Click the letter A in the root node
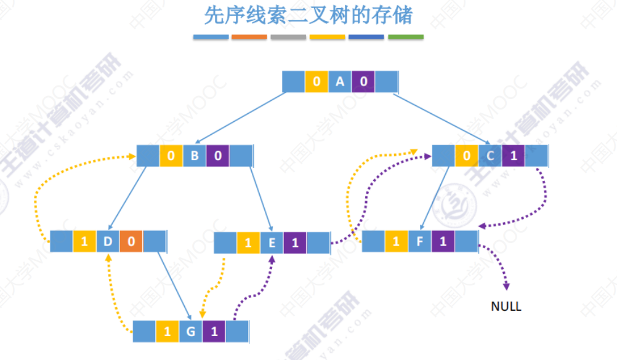coord(340,81)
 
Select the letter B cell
coord(195,156)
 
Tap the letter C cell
coord(490,156)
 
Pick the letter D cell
coord(108,241)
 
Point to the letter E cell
coord(272,242)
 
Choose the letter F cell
coord(420,241)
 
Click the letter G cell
coord(191,331)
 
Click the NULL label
coord(506,306)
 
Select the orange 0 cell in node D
coord(131,241)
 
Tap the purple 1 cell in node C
coord(514,156)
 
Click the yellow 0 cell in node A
coord(317,81)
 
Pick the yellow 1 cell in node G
coord(167,331)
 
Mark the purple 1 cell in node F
coord(443,241)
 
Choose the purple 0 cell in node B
coord(218,156)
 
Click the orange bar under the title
coord(249,37)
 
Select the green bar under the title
coord(405,37)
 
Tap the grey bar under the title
coord(288,37)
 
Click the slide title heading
coord(308,15)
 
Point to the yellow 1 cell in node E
coord(248,242)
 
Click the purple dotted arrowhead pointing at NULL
coord(506,286)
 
